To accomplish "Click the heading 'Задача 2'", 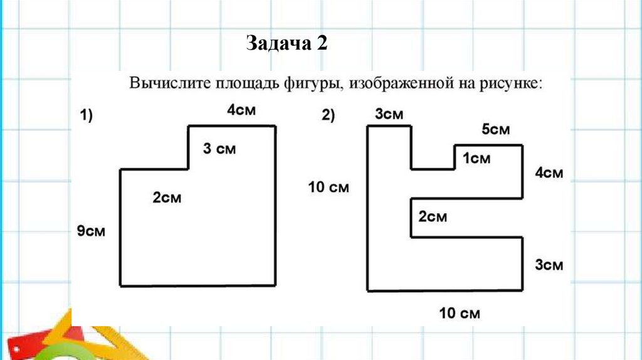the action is click(287, 44).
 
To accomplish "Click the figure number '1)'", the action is click(86, 115).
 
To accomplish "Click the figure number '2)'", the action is click(329, 115).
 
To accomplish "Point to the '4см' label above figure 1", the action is click(241, 110).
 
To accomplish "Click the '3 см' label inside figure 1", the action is click(219, 149).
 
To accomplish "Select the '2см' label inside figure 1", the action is click(167, 198).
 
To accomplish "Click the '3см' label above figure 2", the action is click(389, 114).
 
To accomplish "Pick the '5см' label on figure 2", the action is click(495, 130).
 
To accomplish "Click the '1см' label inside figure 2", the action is click(476, 159).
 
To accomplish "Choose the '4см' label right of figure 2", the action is click(549, 173).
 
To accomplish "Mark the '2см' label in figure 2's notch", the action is click(433, 217).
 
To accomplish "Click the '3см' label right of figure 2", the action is click(549, 265).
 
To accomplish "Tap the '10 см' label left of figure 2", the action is click(329, 187).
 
